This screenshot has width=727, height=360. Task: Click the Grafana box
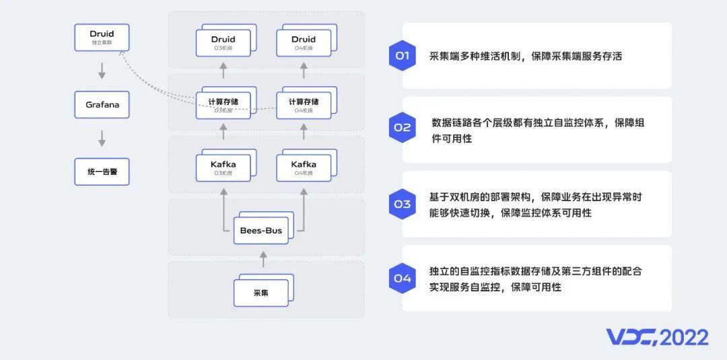coord(102,105)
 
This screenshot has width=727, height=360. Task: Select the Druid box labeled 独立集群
coord(102,37)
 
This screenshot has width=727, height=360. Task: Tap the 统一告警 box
coord(102,172)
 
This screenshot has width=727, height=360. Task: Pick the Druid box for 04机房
coord(304,42)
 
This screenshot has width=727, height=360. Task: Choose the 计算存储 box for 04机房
coord(304,105)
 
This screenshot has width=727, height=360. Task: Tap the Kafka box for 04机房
coord(304,167)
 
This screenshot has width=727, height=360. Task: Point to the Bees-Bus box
coord(261,231)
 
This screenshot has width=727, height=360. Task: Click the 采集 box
coord(261,293)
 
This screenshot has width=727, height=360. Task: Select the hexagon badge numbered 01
coord(402,56)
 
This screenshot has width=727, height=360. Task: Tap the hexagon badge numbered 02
coord(402,127)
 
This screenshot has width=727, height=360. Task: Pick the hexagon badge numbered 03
coord(402,204)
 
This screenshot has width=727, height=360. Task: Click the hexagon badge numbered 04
coord(402,278)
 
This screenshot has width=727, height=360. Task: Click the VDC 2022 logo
coord(657,337)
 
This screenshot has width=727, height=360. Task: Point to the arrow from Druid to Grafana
coord(102,71)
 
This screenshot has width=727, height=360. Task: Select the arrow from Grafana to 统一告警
coord(102,138)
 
